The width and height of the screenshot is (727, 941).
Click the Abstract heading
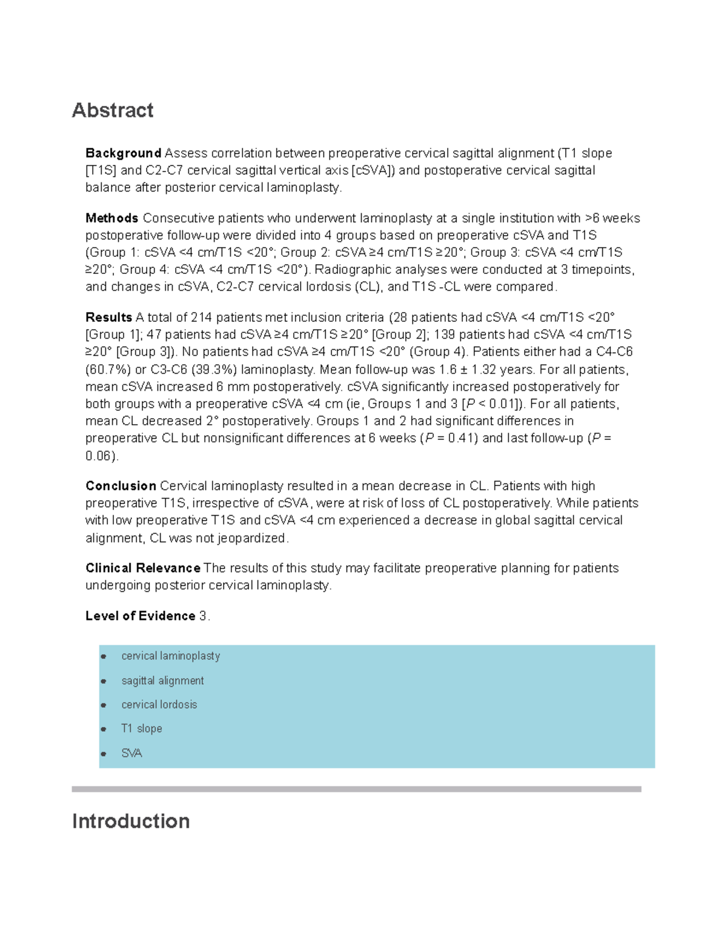coord(113,110)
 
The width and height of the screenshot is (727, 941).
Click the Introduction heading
coord(131,821)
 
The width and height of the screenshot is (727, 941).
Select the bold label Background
coord(123,153)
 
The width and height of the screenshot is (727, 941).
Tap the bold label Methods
coord(112,218)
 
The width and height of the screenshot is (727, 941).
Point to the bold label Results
coord(108,318)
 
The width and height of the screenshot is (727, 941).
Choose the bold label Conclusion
coord(121,486)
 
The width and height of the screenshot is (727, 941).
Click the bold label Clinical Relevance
coord(142,568)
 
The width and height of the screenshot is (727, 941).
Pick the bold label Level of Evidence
coord(140,616)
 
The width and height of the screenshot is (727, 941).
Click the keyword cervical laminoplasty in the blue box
coord(170,656)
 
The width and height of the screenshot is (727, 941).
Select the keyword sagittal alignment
coord(162,681)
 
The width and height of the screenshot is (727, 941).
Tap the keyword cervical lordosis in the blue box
coord(159,705)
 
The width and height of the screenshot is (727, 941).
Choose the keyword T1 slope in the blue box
coord(141,729)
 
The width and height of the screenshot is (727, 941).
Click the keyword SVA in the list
coord(131,753)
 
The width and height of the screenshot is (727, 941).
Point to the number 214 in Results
coord(201,318)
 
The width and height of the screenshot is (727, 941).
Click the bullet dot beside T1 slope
coord(104,730)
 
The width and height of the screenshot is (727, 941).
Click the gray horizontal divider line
coord(356,789)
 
